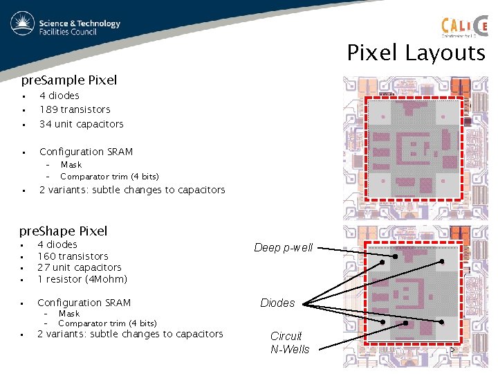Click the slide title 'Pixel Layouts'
click(416, 53)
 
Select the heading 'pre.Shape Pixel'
click(64, 231)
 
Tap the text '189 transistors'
click(75, 109)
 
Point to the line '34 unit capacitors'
click(81, 124)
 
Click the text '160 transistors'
click(73, 256)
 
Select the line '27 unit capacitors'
click(79, 267)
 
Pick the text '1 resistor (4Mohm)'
click(82, 279)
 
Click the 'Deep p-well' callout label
click(283, 247)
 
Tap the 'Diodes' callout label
click(277, 303)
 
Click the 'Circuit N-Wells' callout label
click(290, 342)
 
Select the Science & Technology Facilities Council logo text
click(80, 27)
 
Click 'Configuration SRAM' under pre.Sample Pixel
click(86, 152)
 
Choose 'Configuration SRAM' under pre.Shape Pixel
click(84, 303)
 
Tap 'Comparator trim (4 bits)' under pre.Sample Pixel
click(109, 176)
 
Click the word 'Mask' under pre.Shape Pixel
click(69, 314)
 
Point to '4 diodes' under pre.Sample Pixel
click(59, 96)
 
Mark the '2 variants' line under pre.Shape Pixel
click(130, 334)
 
